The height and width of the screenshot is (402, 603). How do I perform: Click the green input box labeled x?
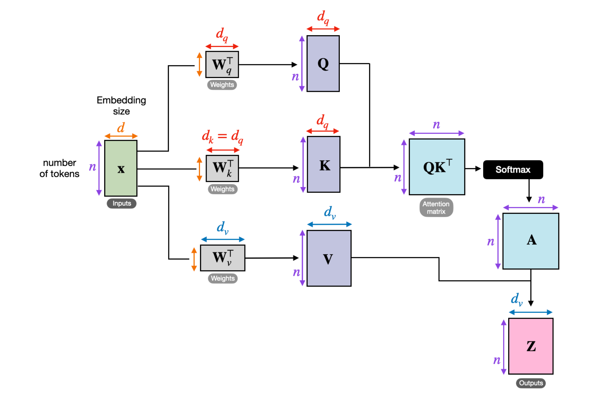(x=121, y=168)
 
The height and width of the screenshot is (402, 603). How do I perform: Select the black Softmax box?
(x=513, y=170)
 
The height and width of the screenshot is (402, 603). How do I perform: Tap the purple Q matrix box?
(x=323, y=64)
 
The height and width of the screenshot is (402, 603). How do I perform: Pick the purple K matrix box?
(x=324, y=164)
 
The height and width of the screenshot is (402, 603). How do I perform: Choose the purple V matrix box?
(x=329, y=258)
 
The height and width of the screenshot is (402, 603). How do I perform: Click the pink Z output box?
(x=530, y=346)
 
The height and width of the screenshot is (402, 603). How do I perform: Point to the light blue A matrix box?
(x=530, y=241)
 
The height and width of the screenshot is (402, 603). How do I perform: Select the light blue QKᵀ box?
(x=437, y=167)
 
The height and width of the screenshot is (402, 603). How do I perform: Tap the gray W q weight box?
(x=222, y=65)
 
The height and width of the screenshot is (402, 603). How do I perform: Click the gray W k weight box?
(x=222, y=168)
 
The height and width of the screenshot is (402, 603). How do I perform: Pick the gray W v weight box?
(x=222, y=258)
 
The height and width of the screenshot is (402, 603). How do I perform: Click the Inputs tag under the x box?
(x=121, y=203)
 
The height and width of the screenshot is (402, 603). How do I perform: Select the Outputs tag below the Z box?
(x=530, y=383)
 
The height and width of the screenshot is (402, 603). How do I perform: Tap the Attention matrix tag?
(x=436, y=207)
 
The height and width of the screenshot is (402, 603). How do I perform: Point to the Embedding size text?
(x=121, y=106)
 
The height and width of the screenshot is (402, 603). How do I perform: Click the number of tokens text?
(x=59, y=168)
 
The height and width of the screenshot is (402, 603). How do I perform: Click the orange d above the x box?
(x=121, y=128)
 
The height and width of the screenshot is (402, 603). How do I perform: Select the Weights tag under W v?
(x=222, y=278)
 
